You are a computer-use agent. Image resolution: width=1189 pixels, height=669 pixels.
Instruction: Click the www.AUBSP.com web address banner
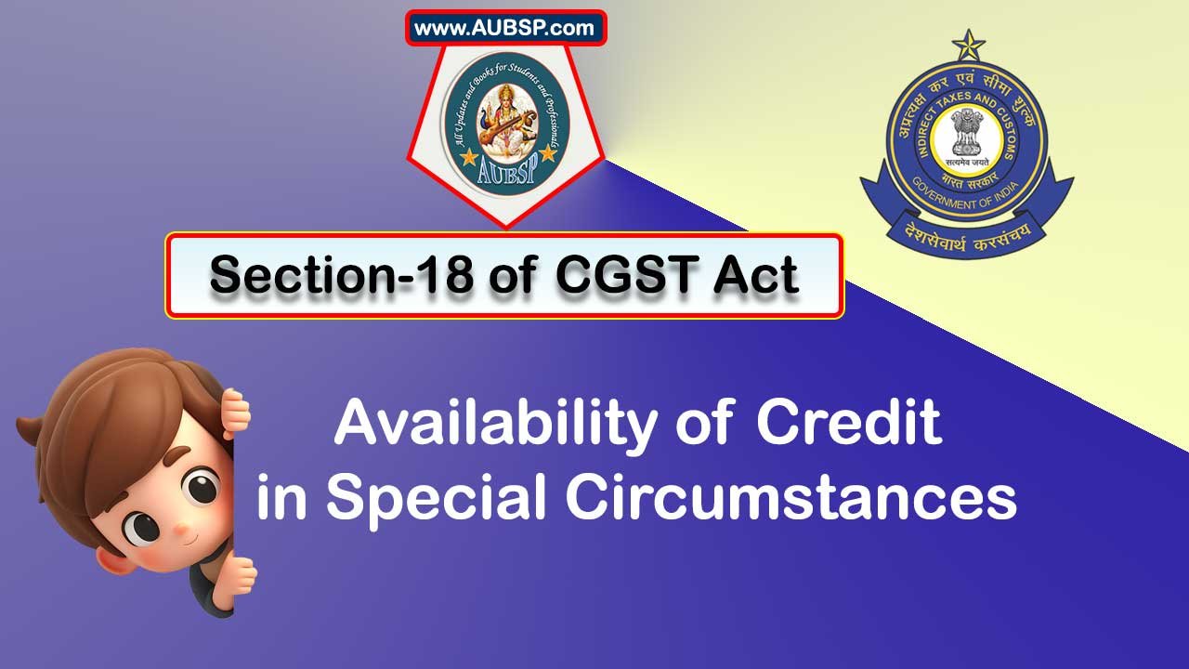[x=504, y=28]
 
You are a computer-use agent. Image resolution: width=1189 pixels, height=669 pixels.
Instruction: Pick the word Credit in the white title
[x=849, y=423]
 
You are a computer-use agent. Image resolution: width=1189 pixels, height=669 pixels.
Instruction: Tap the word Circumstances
[x=791, y=497]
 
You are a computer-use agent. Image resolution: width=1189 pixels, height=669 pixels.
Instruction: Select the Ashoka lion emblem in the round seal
[x=966, y=133]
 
